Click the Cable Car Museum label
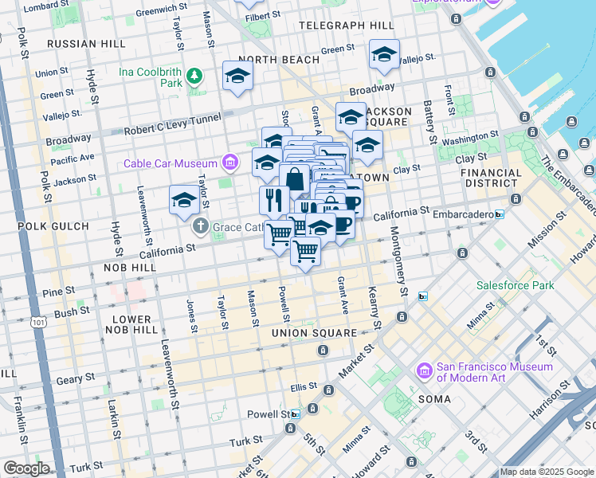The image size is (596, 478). point(172,163)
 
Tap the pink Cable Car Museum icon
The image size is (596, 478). point(230,163)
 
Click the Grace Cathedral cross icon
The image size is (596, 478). point(200,227)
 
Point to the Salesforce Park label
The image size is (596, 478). point(515,284)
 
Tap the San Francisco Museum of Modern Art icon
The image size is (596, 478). point(424,372)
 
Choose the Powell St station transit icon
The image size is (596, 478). point(296,414)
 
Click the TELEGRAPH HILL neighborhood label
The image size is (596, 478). point(346,25)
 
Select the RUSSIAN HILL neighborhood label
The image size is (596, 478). point(82,43)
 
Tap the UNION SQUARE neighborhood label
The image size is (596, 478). point(313,332)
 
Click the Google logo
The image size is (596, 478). point(26,469)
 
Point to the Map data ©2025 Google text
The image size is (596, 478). point(547,472)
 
